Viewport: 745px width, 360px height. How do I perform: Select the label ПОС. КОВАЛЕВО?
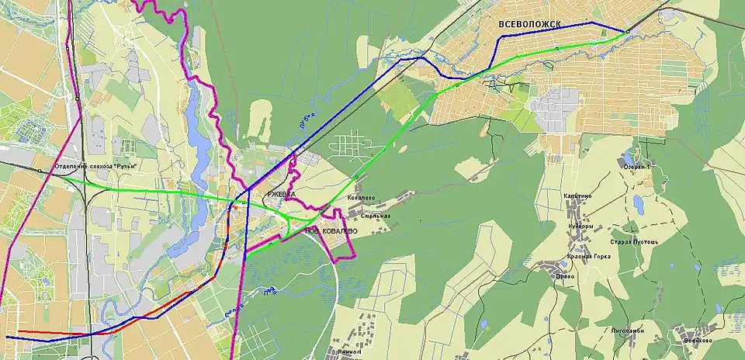pyautogui.click(x=331, y=231)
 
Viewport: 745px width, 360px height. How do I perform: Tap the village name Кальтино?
pyautogui.click(x=578, y=196)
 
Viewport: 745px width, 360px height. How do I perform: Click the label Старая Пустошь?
pyautogui.click(x=634, y=241)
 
